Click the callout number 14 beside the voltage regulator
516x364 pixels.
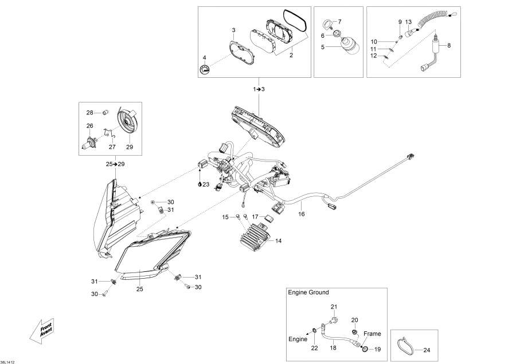(278, 241)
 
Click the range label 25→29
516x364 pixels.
(115, 164)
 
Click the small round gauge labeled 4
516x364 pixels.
(204, 70)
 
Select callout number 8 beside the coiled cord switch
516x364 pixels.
(449, 45)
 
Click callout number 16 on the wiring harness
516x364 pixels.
(301, 214)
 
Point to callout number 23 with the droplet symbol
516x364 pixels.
(205, 184)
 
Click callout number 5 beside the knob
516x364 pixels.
(322, 47)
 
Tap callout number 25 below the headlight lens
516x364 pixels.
(139, 289)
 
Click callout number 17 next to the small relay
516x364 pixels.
(255, 217)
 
